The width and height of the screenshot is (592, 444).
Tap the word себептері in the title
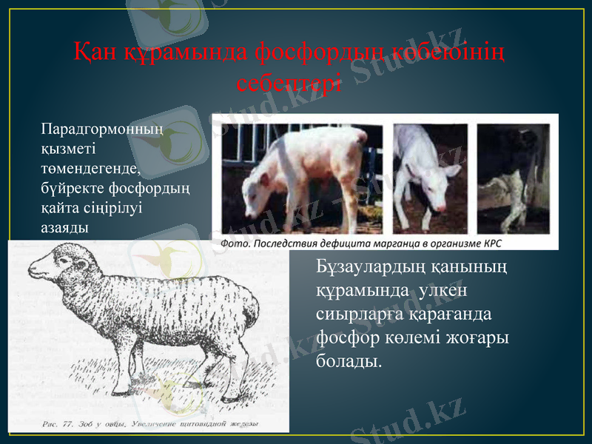tap(290, 81)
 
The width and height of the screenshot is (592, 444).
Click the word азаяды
tap(65, 228)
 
